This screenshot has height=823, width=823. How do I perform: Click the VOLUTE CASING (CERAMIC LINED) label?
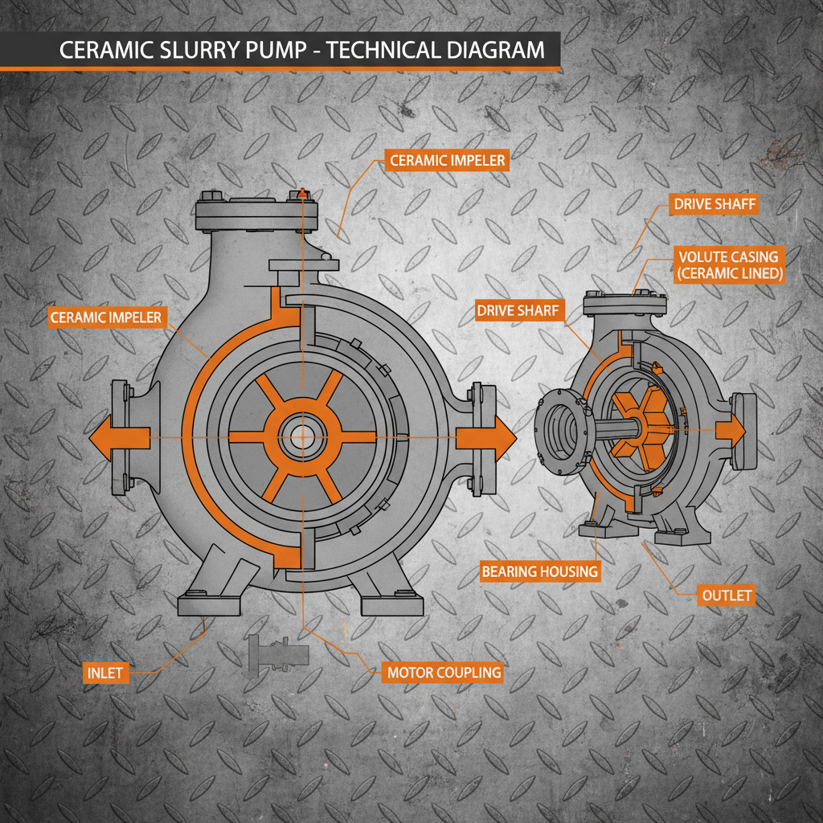[x=728, y=264]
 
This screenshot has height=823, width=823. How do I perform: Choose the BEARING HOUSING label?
[x=539, y=571]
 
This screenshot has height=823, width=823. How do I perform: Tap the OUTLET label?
[x=726, y=596]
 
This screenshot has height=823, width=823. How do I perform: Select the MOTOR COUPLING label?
[x=444, y=672]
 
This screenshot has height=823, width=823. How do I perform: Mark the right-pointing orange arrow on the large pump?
[x=486, y=438]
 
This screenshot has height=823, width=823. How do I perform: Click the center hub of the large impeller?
[x=302, y=437]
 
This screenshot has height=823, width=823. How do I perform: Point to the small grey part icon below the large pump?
[x=276, y=651]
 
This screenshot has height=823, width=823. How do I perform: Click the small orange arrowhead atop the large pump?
[x=302, y=192]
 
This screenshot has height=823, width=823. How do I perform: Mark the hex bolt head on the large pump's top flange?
[x=212, y=195]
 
